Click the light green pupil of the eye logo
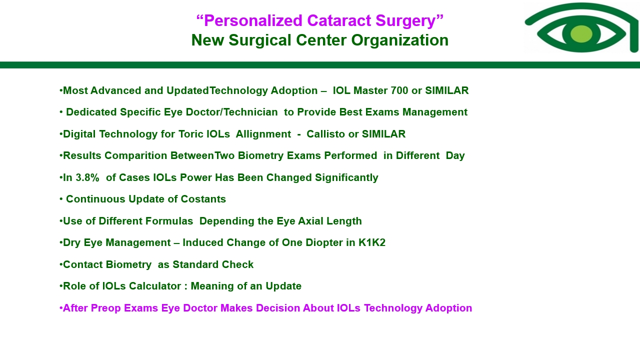[581, 34]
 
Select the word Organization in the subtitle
[399, 40]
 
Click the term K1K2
[372, 242]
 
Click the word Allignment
[263, 134]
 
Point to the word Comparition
[135, 156]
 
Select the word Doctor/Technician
[231, 112]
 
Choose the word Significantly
[346, 177]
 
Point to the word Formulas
[145, 221]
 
